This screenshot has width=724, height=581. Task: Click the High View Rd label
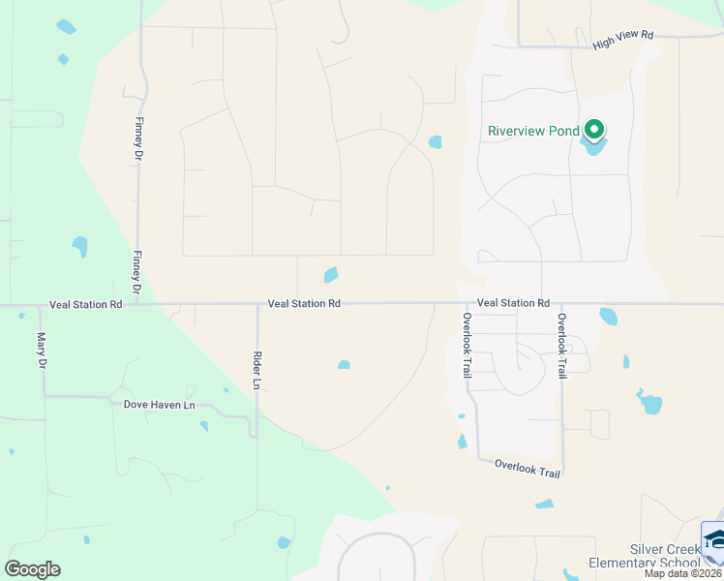(624, 36)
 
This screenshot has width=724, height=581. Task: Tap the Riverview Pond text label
(533, 132)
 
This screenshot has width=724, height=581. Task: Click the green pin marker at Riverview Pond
(592, 129)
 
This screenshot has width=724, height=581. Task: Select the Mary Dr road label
(42, 351)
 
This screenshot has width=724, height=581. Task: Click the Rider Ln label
(256, 370)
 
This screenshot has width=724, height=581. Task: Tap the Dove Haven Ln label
(160, 404)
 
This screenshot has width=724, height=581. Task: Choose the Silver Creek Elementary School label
(664, 556)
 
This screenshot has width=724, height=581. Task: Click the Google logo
(32, 569)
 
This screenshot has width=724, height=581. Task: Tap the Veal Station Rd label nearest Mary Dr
(86, 304)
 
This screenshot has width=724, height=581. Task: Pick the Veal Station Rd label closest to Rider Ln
(304, 304)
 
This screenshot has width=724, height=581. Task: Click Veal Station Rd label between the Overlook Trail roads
(513, 303)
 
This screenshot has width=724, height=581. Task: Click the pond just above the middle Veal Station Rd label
(331, 275)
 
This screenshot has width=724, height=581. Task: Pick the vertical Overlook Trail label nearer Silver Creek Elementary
(559, 345)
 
